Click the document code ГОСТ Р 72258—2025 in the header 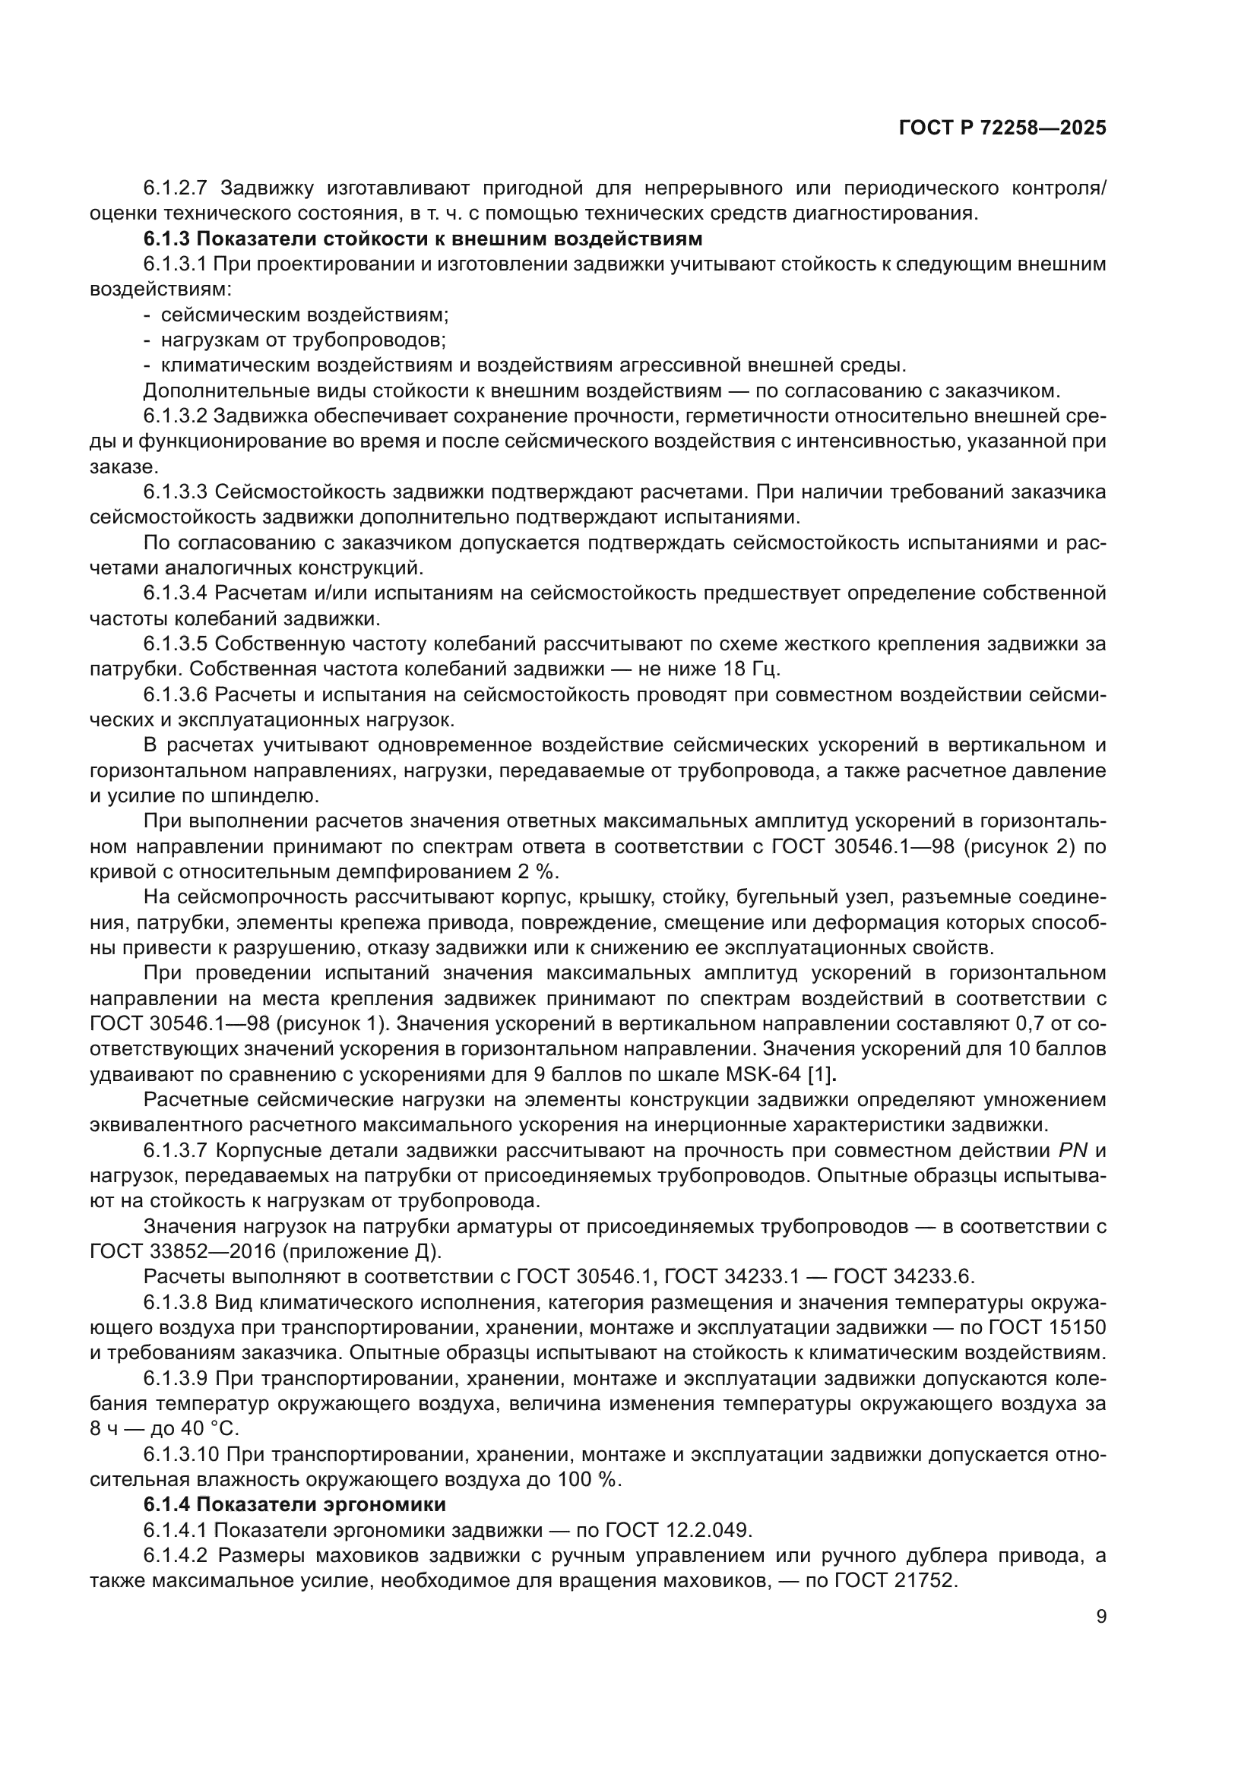point(1002,128)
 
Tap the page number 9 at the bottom point(1100,1617)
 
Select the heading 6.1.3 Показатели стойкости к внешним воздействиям point(423,239)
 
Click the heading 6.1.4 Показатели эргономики point(294,1504)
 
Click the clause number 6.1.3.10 point(182,1454)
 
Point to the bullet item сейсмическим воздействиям point(305,316)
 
